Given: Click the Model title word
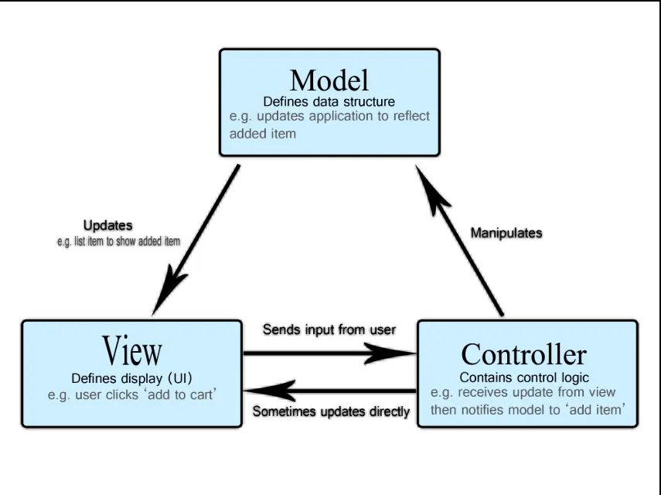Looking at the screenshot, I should tap(329, 80).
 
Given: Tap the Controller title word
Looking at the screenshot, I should tap(523, 355).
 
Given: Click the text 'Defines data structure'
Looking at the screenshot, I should tap(329, 101).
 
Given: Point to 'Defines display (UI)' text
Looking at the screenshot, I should tap(131, 378).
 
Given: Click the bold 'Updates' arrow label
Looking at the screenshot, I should tap(107, 226).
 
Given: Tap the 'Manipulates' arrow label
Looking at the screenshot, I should tap(507, 232).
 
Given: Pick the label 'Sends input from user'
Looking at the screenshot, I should tap(329, 329).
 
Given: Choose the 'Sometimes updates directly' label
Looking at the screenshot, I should tap(332, 411).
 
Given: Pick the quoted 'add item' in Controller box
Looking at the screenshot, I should tap(595, 409).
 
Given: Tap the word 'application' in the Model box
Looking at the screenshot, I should tap(346, 117).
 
